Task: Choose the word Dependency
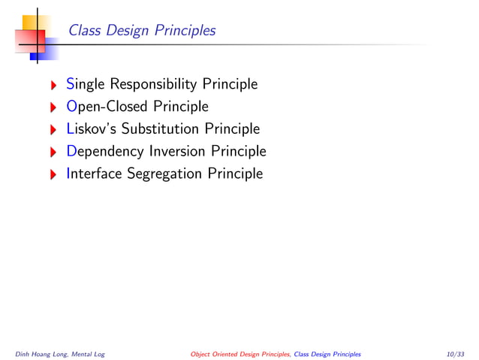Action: click(105, 151)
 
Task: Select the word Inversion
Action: click(177, 151)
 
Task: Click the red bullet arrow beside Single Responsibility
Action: click(53, 84)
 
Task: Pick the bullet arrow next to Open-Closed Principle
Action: click(53, 107)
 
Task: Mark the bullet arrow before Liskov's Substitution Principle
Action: click(53, 129)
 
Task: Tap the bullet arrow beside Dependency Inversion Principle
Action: click(53, 152)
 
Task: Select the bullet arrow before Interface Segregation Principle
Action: click(53, 174)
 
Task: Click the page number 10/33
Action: click(455, 352)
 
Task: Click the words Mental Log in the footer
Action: click(88, 352)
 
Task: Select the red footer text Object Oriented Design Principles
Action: click(240, 352)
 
